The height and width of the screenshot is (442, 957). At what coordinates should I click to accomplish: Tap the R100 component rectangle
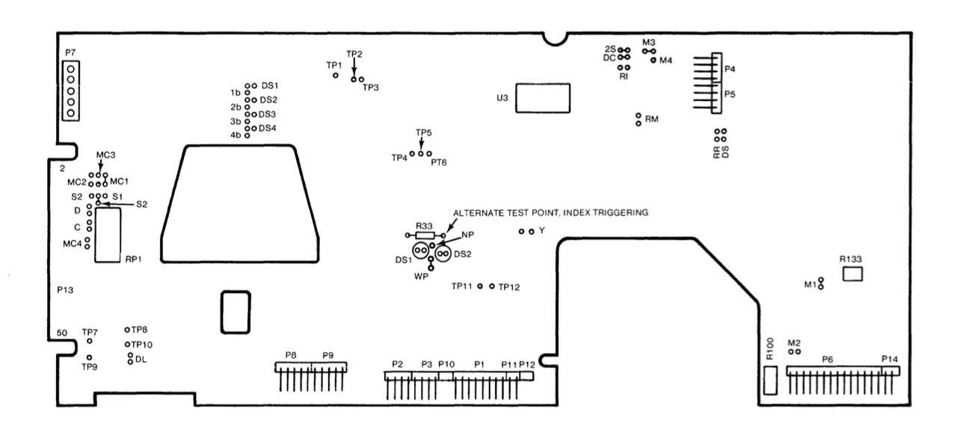pos(772,380)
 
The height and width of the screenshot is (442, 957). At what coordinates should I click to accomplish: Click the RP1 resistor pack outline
pos(108,235)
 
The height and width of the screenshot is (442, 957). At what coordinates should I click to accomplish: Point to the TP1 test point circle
pos(336,76)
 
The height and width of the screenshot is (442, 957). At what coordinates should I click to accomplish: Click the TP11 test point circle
pos(480,286)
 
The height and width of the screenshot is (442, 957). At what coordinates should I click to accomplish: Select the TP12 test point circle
pos(492,286)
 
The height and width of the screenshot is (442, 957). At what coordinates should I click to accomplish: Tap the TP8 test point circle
pos(127,329)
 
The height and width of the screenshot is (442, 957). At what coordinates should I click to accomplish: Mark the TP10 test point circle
pos(127,344)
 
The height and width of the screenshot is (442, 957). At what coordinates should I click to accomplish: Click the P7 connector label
pos(70,52)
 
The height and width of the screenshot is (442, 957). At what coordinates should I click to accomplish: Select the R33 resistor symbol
pos(425,236)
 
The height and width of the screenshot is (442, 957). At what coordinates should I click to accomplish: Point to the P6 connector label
pos(827,359)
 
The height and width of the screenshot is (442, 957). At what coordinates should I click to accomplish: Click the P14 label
pos(889,359)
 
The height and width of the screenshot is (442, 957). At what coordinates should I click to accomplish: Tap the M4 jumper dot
pos(653,61)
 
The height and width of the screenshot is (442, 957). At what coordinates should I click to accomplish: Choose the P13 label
pos(66,288)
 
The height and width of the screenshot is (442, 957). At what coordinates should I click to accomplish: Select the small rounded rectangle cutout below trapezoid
pos(234,312)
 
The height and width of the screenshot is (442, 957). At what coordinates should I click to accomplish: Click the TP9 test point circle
pos(90,357)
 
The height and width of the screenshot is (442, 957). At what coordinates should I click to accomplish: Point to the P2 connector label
pos(398,363)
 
